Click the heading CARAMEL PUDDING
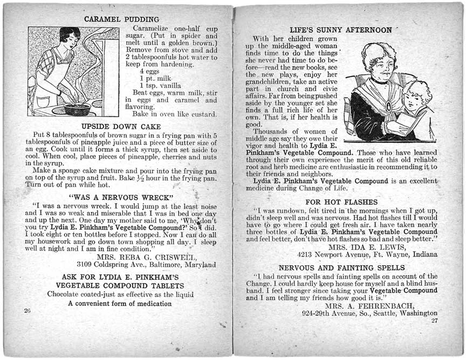(121, 19)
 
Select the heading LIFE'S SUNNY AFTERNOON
(340, 30)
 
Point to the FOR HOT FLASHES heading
(341, 202)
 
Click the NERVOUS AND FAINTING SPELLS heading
(341, 268)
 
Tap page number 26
(27, 311)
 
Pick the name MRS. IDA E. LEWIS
(367, 247)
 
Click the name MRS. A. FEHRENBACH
(371, 305)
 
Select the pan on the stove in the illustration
(77, 108)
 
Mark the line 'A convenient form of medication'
(120, 303)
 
